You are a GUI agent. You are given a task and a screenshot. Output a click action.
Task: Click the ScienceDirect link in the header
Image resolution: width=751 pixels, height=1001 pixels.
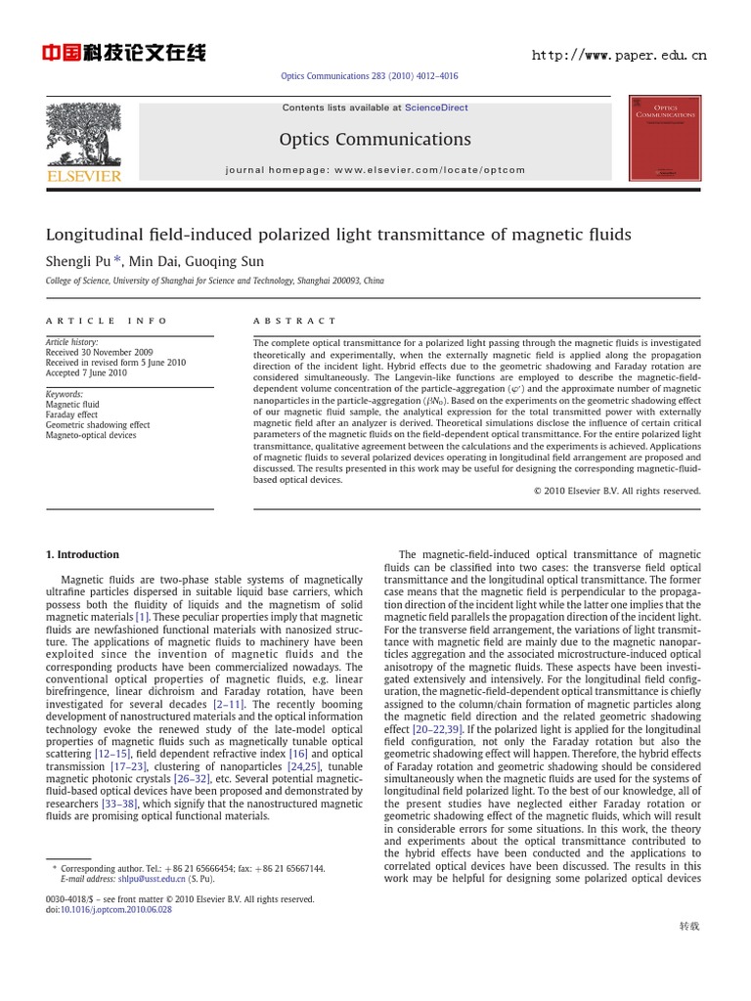437,108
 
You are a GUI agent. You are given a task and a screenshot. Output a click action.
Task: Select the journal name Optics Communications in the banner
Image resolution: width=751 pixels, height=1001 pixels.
375,139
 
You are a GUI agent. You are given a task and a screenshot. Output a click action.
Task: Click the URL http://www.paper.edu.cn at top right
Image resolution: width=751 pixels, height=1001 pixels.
618,56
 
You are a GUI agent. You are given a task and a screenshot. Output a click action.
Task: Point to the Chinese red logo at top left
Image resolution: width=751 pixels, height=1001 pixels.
123,53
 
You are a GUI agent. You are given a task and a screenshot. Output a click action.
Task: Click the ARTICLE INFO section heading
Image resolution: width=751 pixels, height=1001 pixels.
107,321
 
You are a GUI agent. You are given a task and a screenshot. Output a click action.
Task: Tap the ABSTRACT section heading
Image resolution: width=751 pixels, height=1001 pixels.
294,321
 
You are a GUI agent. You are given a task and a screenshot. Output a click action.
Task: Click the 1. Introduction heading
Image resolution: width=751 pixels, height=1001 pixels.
83,554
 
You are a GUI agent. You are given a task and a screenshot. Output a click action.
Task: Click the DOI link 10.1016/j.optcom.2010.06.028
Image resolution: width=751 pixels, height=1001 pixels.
116,909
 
